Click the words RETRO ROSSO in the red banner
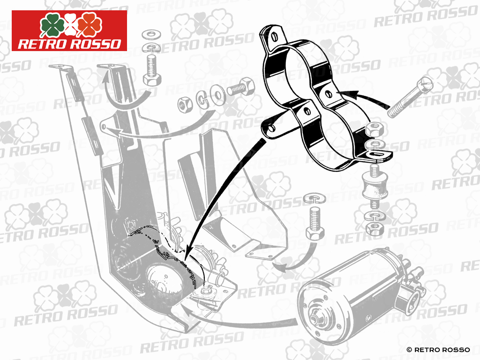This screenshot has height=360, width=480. pos(69,44)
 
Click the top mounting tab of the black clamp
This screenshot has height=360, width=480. pos(271,36)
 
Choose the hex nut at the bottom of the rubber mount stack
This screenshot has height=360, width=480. pos(374,228)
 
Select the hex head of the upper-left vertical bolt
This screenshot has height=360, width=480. pos(151,78)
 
